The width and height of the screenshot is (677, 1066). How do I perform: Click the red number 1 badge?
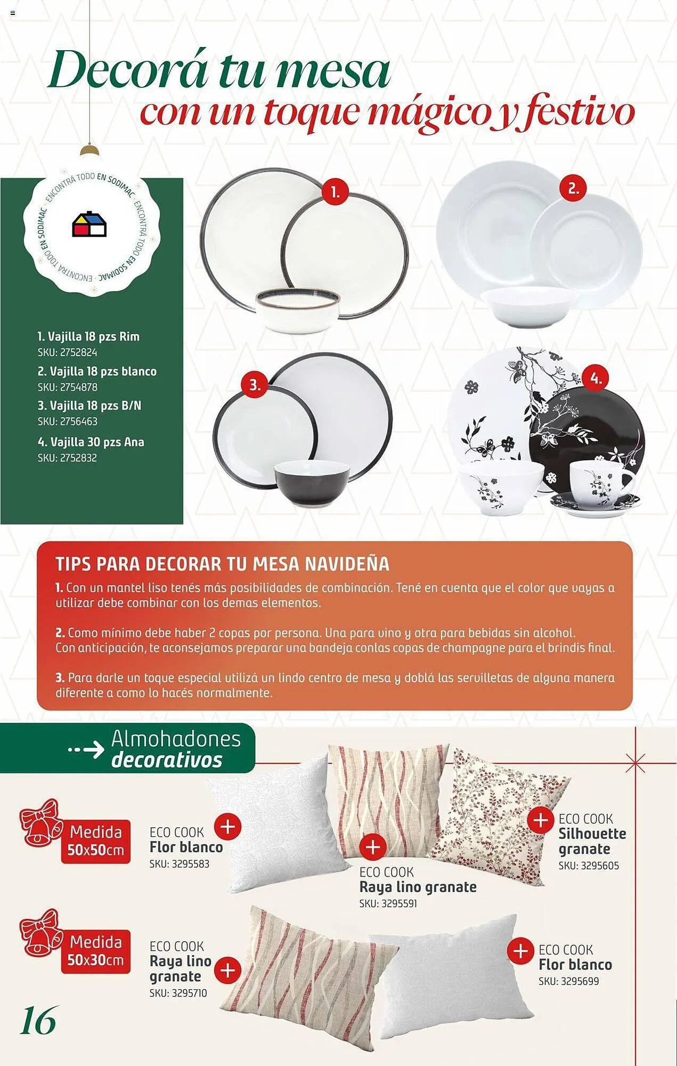click(x=335, y=192)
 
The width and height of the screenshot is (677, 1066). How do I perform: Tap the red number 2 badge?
click(x=573, y=188)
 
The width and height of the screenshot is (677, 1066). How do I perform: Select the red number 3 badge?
click(x=255, y=385)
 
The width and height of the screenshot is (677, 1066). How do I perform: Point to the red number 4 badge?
click(x=596, y=379)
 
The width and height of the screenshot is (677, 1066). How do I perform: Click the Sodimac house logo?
click(x=89, y=224)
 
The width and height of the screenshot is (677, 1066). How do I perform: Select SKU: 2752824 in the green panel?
click(x=67, y=352)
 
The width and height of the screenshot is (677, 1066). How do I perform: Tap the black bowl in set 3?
click(x=312, y=483)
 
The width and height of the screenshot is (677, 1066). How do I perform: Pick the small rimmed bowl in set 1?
click(x=298, y=311)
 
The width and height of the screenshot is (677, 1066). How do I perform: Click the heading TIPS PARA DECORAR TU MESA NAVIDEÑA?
click(x=223, y=564)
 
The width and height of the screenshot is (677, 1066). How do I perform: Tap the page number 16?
click(x=38, y=1021)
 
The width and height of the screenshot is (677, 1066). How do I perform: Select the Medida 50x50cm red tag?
click(x=96, y=841)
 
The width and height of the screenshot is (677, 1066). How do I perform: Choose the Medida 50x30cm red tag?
click(x=96, y=951)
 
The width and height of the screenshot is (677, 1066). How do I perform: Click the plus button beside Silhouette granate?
click(x=541, y=819)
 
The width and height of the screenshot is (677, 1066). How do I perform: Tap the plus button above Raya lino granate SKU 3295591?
click(x=373, y=846)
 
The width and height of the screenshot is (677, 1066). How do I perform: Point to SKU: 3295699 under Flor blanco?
click(x=568, y=981)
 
